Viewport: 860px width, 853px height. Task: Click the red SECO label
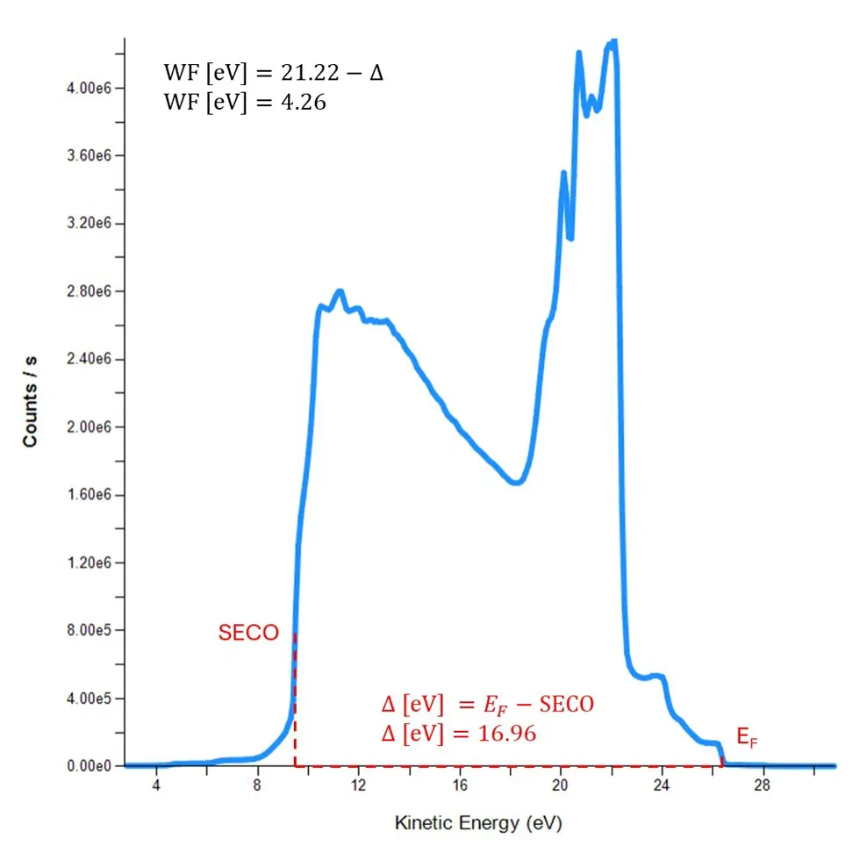[x=248, y=632]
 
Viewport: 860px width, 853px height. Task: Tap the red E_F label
[x=747, y=742]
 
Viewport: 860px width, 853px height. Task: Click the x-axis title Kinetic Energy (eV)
[x=477, y=823]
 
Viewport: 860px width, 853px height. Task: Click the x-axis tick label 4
[x=156, y=784]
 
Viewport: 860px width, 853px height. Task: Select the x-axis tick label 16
[x=459, y=784]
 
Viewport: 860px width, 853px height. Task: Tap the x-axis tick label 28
[x=762, y=784]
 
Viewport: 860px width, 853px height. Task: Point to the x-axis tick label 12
[x=358, y=784]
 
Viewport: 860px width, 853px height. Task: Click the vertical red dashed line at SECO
[x=296, y=702]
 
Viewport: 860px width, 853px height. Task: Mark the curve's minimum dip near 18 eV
[x=517, y=482]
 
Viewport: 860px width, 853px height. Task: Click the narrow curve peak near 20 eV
[x=563, y=173]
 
